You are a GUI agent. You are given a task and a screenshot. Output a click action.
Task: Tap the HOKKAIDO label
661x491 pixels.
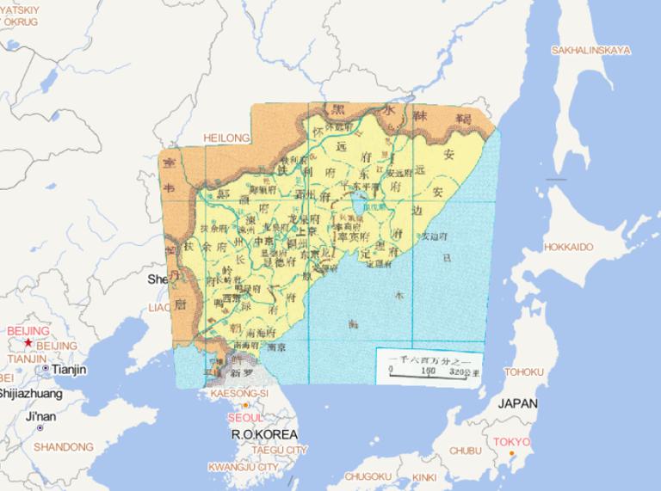(x=568, y=248)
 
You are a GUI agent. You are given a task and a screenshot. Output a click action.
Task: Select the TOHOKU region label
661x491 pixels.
(x=524, y=372)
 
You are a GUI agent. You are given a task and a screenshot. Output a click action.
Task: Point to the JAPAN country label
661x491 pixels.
(x=517, y=403)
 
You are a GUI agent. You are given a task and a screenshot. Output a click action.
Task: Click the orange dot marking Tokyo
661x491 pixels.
(x=512, y=453)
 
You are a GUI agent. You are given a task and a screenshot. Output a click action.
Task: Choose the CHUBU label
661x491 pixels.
(x=466, y=451)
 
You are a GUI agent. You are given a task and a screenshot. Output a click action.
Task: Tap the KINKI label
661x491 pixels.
(x=424, y=477)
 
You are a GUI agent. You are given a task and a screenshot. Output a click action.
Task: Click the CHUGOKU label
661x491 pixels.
(x=368, y=476)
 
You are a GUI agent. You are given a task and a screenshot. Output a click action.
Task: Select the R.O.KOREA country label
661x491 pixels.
(x=264, y=434)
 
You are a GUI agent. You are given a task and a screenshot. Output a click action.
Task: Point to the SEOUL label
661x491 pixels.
(x=246, y=418)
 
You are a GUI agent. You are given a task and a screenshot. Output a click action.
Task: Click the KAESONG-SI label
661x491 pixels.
(x=240, y=392)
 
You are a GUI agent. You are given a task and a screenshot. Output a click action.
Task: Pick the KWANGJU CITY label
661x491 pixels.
(x=244, y=467)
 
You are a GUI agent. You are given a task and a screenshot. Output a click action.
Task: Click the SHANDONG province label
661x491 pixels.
(x=64, y=447)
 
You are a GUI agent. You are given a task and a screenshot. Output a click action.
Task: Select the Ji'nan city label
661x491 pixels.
(x=40, y=416)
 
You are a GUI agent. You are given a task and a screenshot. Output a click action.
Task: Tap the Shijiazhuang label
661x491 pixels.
(x=30, y=394)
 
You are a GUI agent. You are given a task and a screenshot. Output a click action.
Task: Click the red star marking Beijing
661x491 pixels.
(x=28, y=343)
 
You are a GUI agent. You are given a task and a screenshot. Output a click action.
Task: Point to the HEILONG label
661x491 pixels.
(x=226, y=138)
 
